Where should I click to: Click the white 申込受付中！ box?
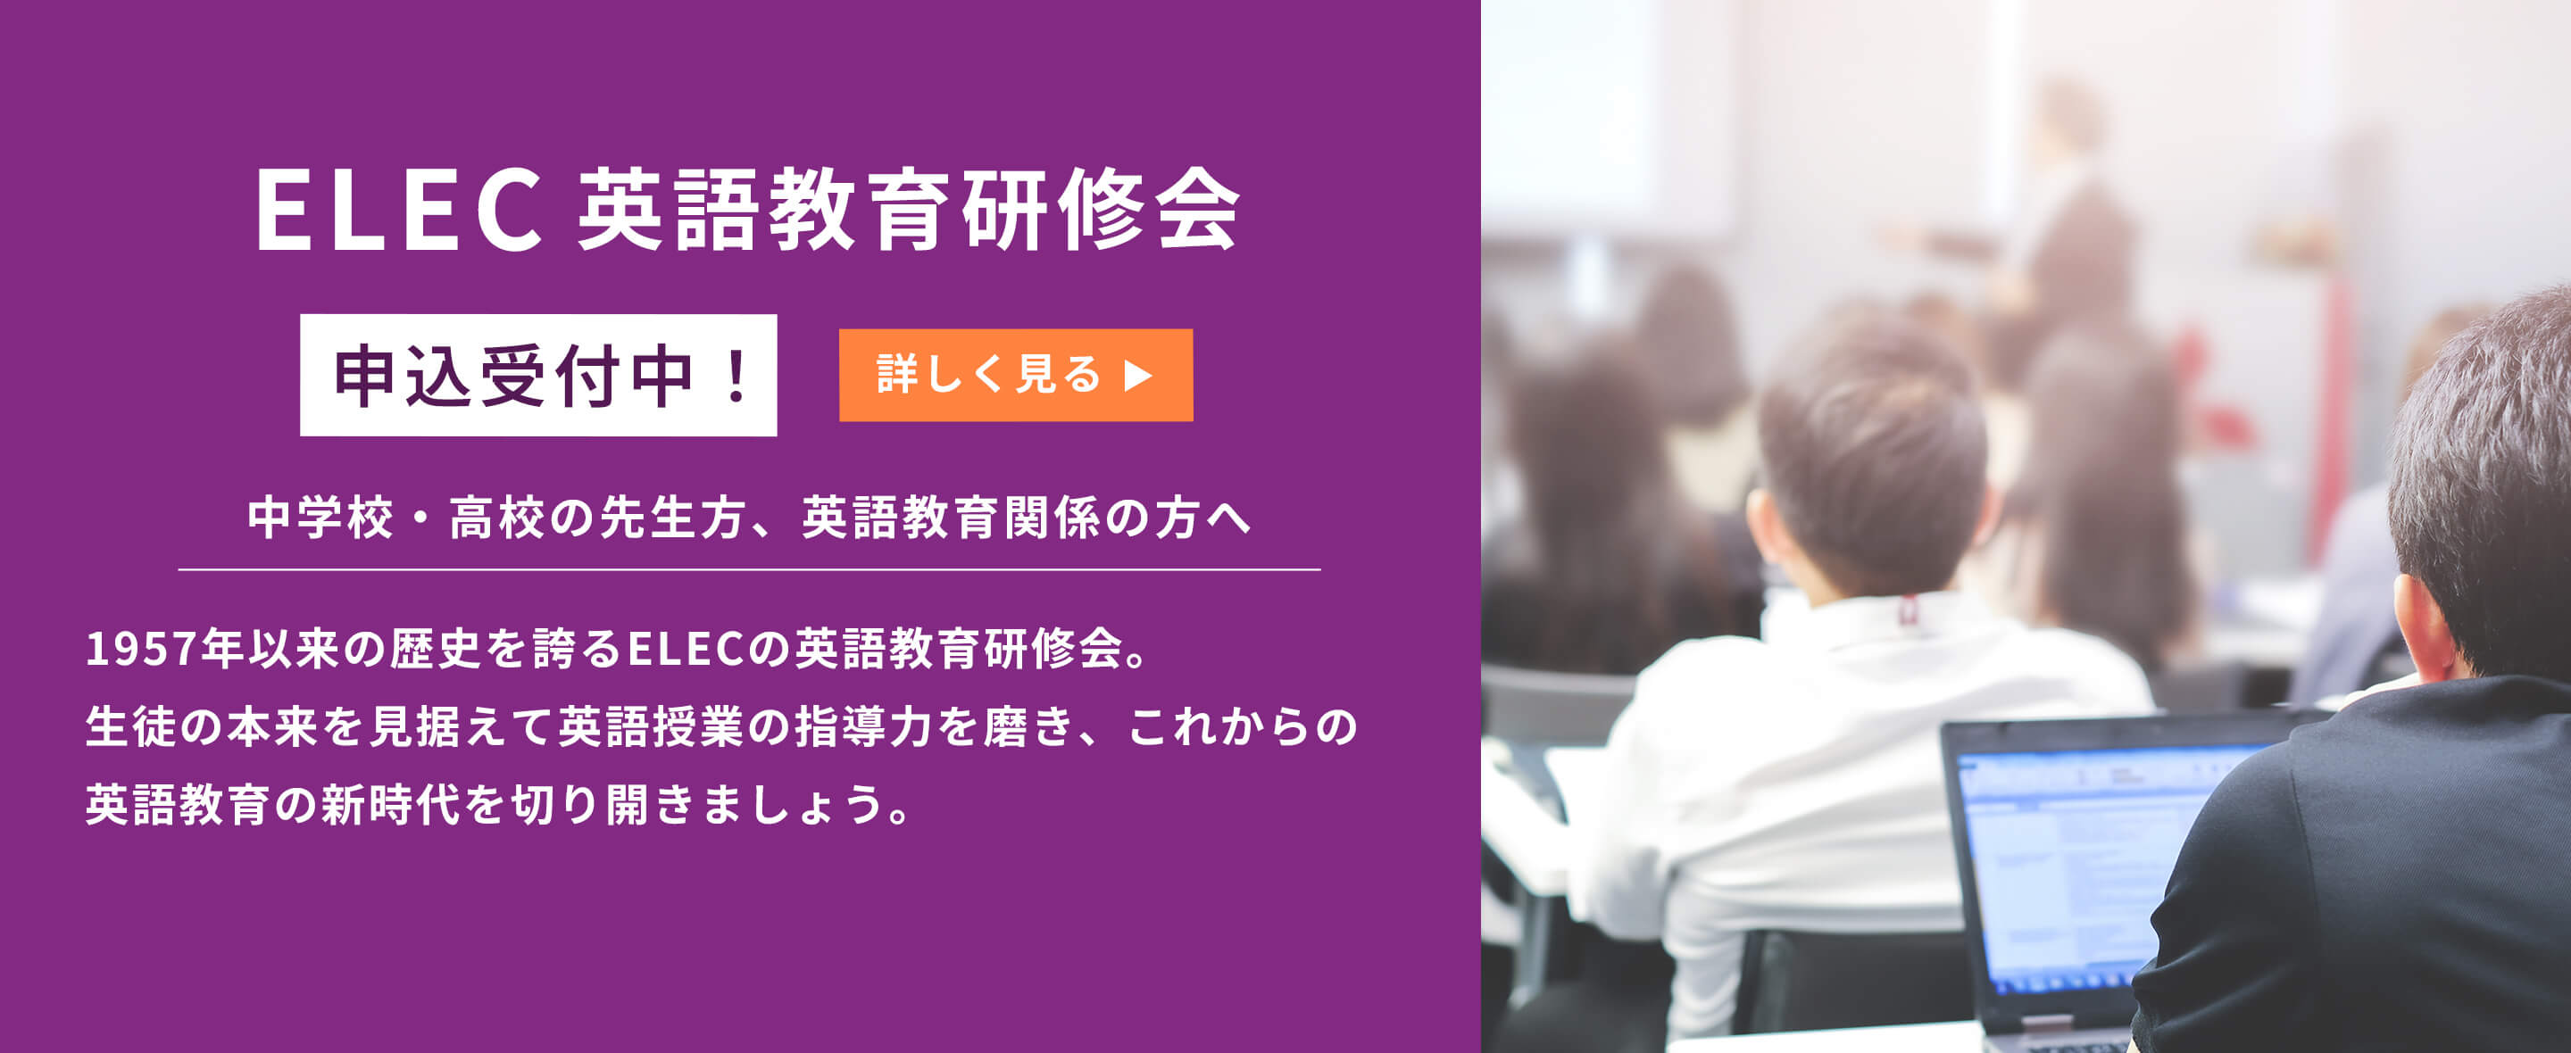(x=538, y=376)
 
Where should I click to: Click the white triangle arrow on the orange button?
(x=1138, y=376)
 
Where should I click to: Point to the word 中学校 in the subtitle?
(x=320, y=518)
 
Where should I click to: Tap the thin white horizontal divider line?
(x=750, y=570)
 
